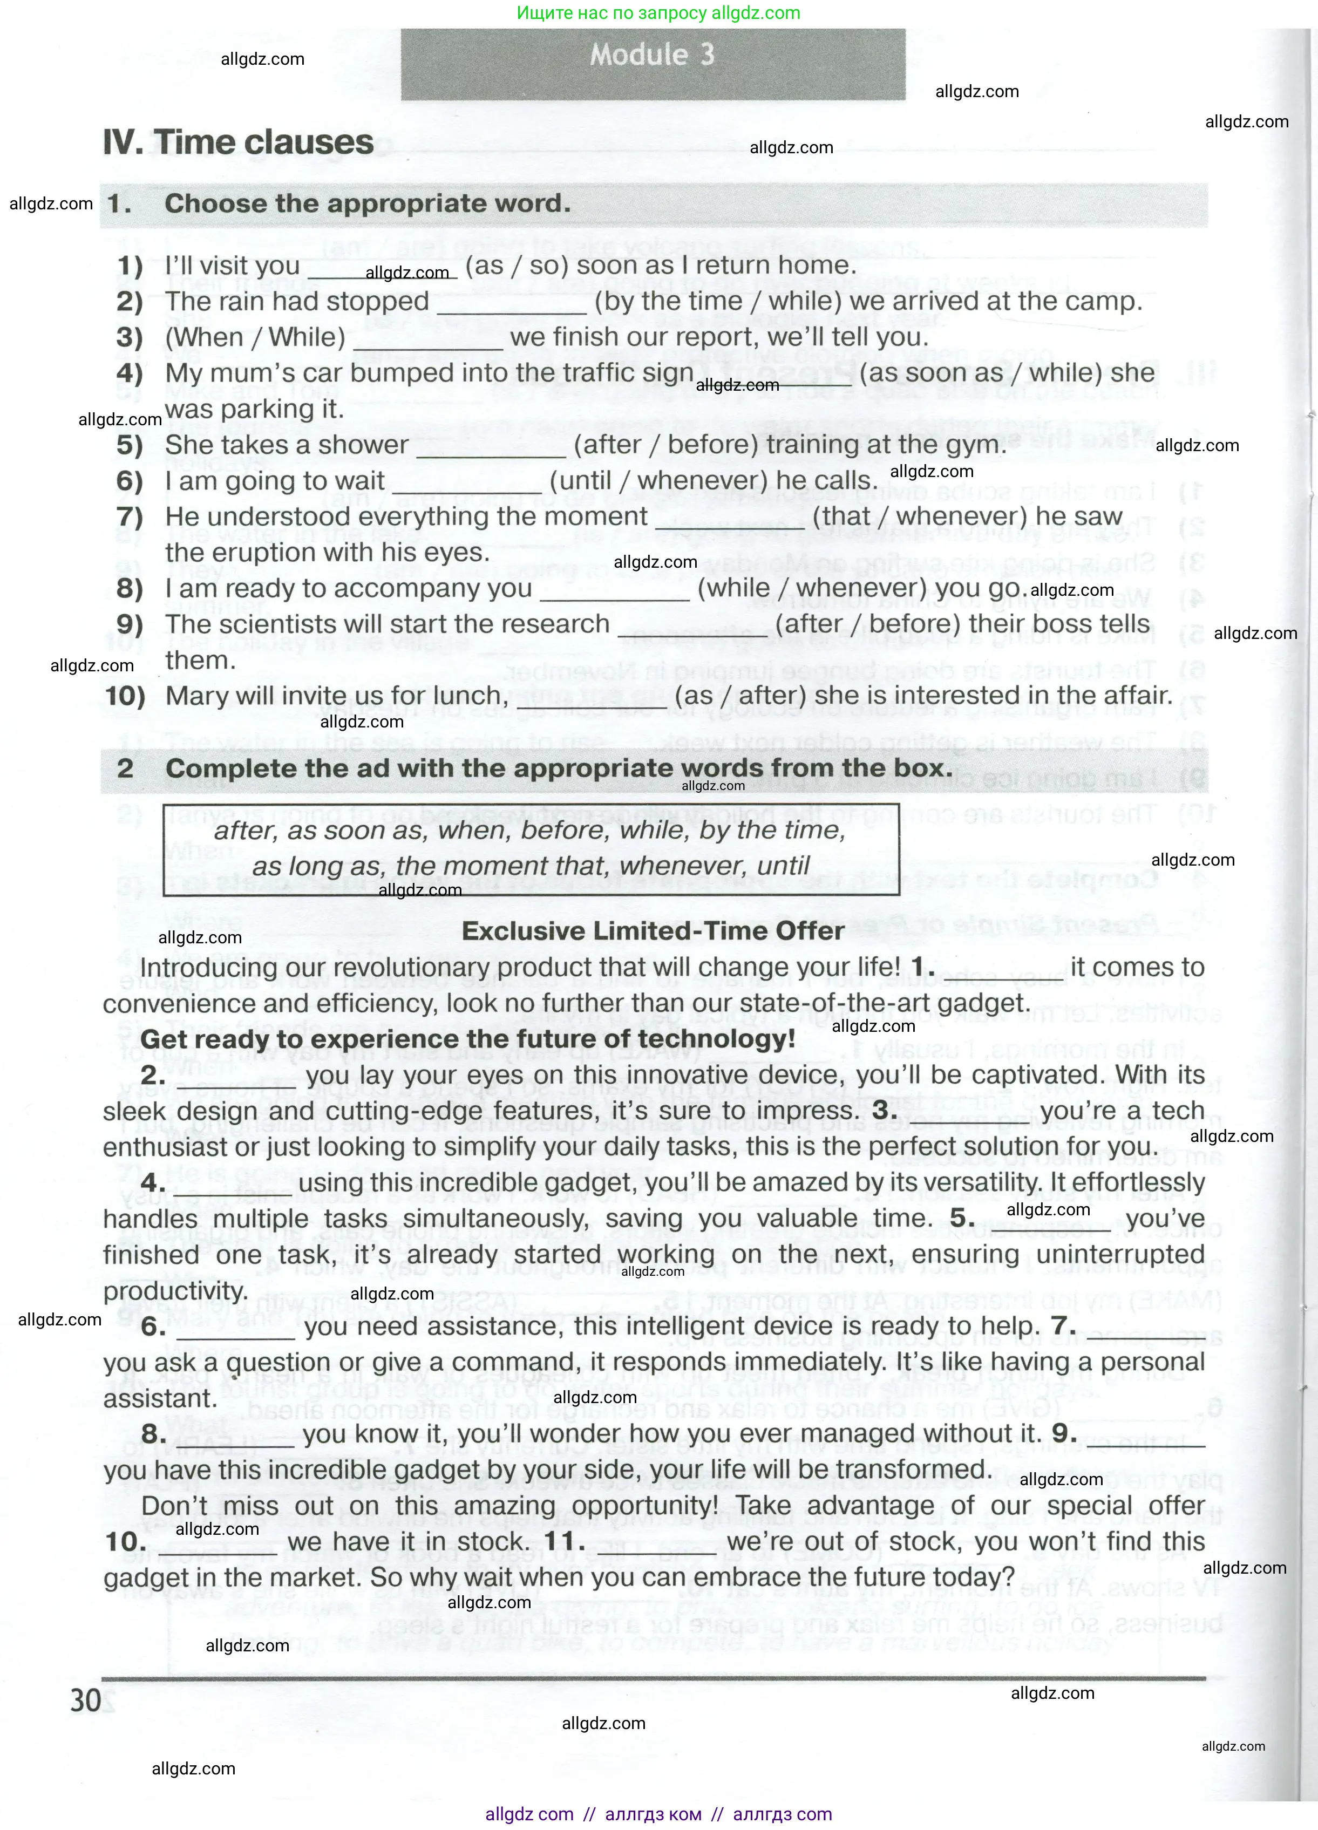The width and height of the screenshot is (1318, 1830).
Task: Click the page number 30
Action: pos(86,1700)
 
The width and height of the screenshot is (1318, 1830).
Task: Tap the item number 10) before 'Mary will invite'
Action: pos(126,696)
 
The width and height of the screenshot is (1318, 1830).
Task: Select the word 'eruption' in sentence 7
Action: pos(260,553)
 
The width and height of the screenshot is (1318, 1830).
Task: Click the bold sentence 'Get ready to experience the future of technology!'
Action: pos(468,1039)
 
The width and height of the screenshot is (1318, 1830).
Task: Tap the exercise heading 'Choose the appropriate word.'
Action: pos(367,204)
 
